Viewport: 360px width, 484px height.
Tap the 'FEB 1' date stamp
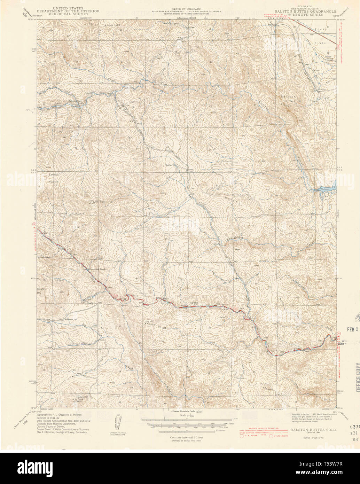[x=352, y=329]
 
